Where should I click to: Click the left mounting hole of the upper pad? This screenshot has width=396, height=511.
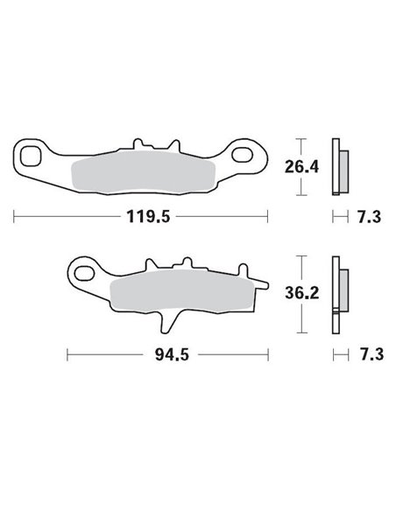pyautogui.click(x=31, y=158)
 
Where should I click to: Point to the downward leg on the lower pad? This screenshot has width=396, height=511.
pyautogui.click(x=166, y=321)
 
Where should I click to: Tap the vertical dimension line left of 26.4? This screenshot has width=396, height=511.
pyautogui.click(x=301, y=167)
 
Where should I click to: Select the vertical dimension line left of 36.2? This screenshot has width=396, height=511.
pyautogui.click(x=301, y=294)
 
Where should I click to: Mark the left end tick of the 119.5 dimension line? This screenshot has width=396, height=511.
pyautogui.click(x=14, y=213)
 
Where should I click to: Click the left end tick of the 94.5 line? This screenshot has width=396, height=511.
pyautogui.click(x=67, y=354)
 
